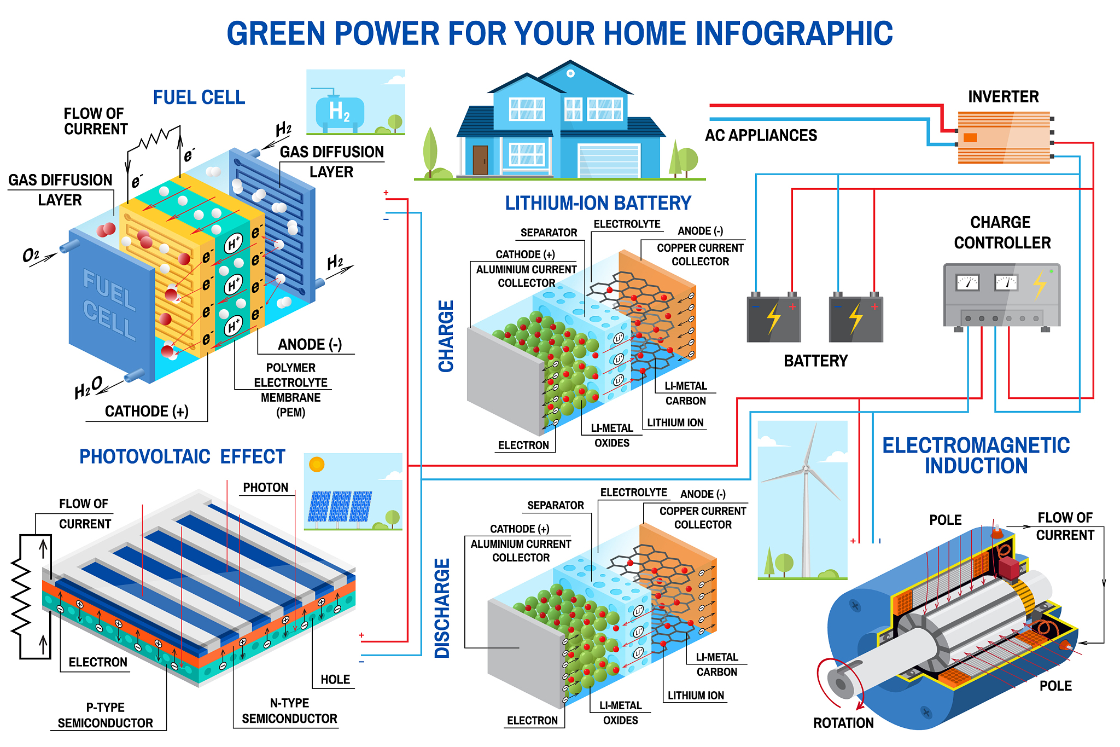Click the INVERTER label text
click(x=1003, y=97)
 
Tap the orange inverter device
click(x=1004, y=137)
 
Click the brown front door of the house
click(x=480, y=160)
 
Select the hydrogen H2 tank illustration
click(x=339, y=112)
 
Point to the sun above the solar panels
click(x=317, y=465)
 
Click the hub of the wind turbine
click(x=805, y=468)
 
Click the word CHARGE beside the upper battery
click(x=446, y=336)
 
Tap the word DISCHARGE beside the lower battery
click(x=442, y=607)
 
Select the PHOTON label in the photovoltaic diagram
click(x=265, y=488)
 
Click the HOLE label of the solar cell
click(x=335, y=680)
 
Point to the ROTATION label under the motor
click(x=843, y=723)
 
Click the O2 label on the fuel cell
click(x=31, y=255)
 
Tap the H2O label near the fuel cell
click(x=87, y=387)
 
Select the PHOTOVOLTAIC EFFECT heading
click(x=182, y=456)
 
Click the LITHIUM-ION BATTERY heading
click(x=598, y=203)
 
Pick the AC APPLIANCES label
click(x=761, y=135)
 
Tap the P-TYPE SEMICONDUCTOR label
click(x=106, y=715)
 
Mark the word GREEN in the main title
click(x=276, y=33)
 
